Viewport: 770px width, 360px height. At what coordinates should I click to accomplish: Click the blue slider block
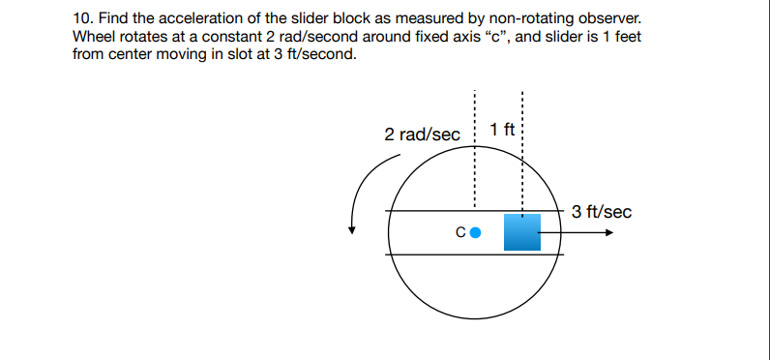521,233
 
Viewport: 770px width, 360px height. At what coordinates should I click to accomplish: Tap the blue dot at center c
475,232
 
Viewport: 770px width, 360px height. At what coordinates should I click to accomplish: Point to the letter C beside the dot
460,232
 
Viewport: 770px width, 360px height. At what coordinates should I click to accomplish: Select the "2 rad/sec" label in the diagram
423,135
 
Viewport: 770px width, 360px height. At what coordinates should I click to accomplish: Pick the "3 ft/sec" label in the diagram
601,212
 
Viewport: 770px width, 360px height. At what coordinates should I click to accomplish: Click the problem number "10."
83,18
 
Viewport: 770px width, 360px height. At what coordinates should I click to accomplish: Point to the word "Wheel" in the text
94,36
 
